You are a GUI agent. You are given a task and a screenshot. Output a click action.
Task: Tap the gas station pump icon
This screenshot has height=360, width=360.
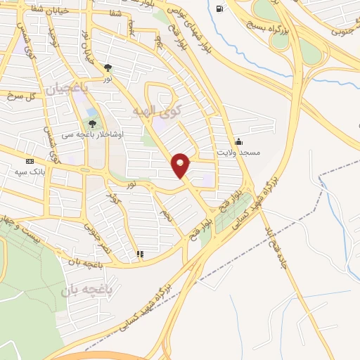[x=220, y=8]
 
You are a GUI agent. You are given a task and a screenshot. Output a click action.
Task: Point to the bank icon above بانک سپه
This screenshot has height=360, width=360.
[x=30, y=160]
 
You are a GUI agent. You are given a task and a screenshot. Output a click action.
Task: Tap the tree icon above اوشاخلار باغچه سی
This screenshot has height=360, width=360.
[x=92, y=124]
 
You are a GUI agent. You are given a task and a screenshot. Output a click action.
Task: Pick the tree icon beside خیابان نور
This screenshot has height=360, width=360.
[x=108, y=67]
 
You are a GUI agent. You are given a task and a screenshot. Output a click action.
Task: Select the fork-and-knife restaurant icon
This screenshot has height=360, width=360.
[x=140, y=254]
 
